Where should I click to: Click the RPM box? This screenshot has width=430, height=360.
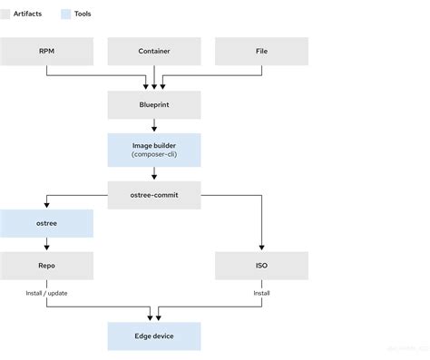(46, 52)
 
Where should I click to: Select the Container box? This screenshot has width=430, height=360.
(153, 52)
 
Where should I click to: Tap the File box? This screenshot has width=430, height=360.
(261, 52)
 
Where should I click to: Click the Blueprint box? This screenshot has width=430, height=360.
(153, 105)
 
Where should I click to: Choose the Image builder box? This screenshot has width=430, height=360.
(153, 151)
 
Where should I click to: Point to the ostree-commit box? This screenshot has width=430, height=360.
(153, 195)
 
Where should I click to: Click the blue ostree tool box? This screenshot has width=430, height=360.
(46, 223)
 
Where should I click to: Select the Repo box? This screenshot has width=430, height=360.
(46, 267)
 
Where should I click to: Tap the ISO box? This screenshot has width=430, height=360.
(261, 267)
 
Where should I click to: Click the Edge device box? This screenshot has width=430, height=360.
(153, 336)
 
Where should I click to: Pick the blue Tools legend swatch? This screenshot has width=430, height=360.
(65, 15)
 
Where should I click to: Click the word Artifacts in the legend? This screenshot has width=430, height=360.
(32, 15)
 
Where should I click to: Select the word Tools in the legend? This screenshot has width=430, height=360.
(83, 15)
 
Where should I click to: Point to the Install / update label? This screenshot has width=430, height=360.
(46, 293)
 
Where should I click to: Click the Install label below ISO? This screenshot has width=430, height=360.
(261, 293)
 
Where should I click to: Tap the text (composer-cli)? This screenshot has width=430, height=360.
(153, 157)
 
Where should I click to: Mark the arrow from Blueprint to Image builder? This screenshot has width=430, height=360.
(153, 127)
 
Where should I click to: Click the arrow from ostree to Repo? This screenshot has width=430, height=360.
(46, 245)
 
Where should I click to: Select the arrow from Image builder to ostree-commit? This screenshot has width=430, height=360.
(153, 173)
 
